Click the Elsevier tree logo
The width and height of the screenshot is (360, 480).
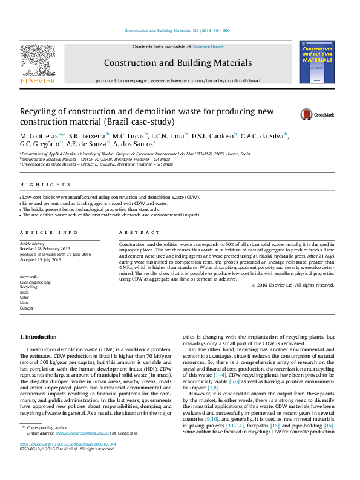pos(38,62)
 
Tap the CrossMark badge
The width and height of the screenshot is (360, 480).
pos(317,115)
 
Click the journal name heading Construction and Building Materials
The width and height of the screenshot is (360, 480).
pos(177,63)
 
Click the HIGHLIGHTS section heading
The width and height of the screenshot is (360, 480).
pos(37,184)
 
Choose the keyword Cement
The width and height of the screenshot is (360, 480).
pos(27,308)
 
